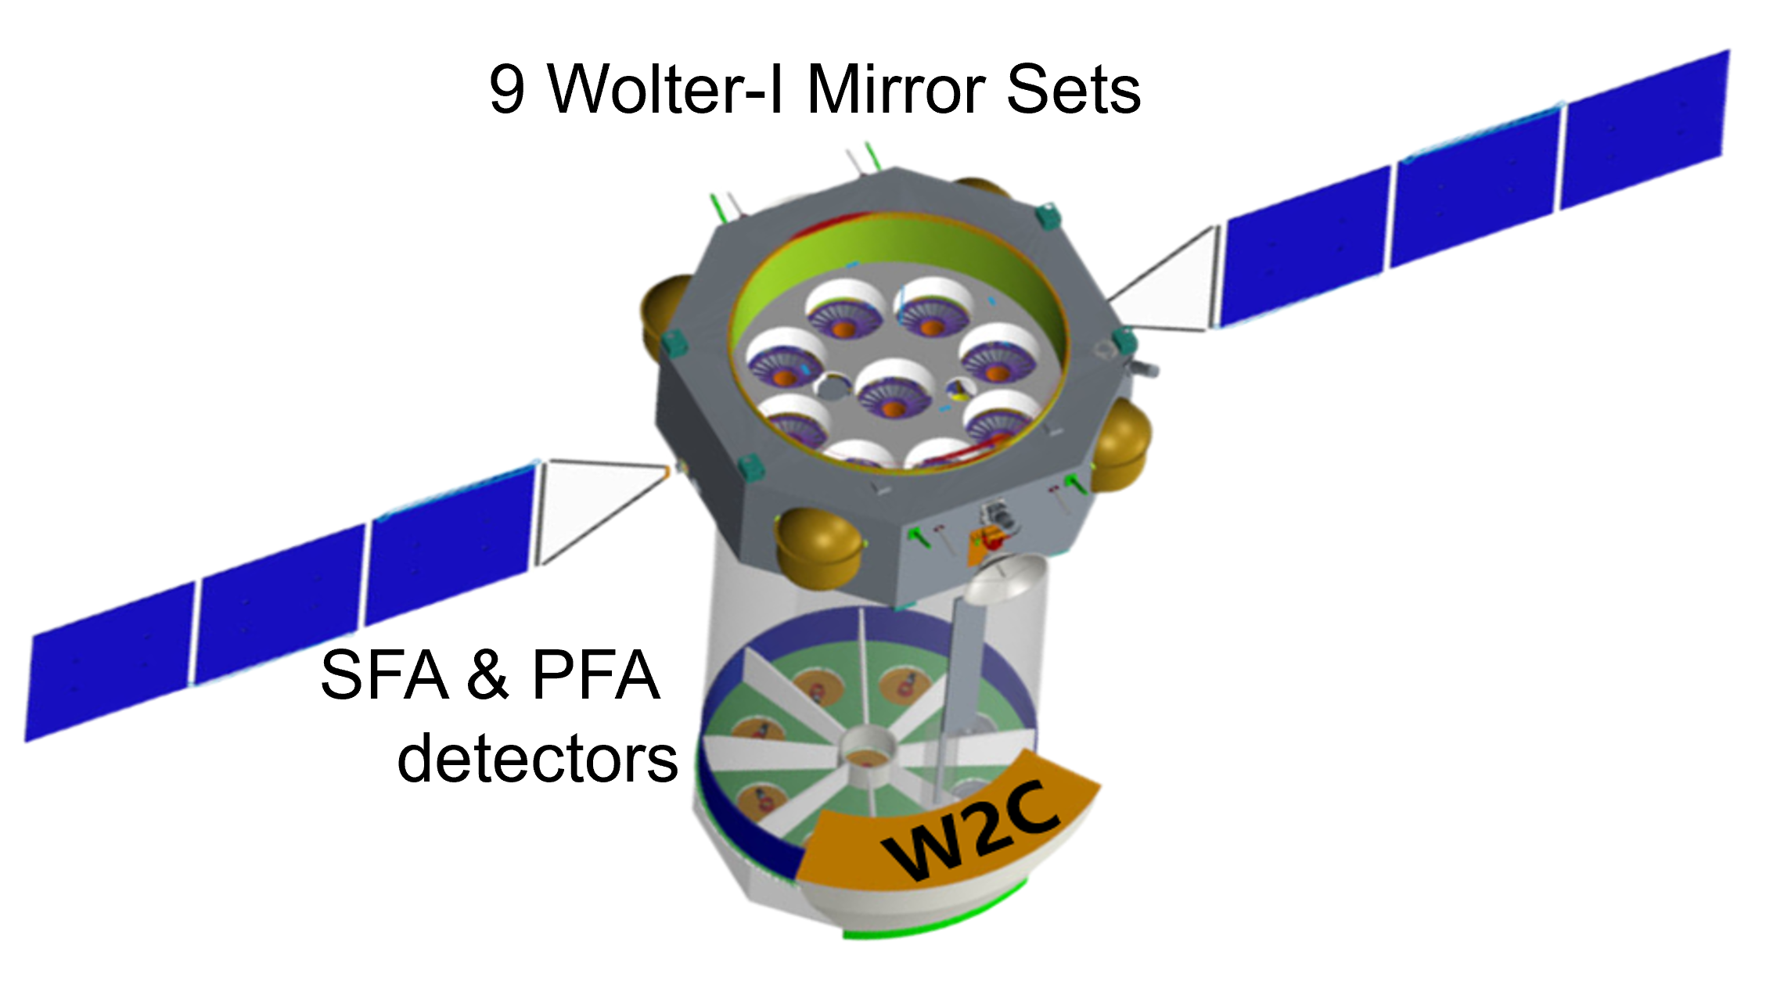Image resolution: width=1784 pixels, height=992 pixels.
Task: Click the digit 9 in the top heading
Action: point(506,90)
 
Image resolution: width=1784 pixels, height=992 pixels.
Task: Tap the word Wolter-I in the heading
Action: point(664,88)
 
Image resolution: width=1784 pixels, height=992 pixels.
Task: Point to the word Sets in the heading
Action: point(1073,88)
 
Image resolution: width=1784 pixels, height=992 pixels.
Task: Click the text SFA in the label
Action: point(385,675)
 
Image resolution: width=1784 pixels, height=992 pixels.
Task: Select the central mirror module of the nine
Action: point(894,391)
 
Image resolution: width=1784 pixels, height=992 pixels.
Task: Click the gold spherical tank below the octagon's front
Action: point(818,548)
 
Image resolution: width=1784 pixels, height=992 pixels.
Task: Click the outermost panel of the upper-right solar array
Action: point(1643,129)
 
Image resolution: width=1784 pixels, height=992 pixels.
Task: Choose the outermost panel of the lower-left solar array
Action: point(110,661)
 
